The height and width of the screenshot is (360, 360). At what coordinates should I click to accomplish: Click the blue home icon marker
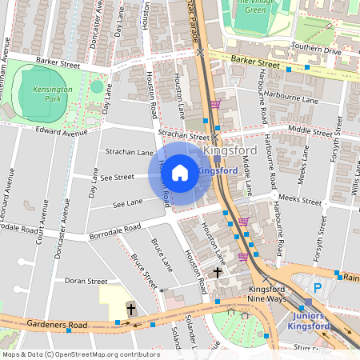tap(180, 172)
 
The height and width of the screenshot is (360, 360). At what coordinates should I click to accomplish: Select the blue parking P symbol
tap(317, 288)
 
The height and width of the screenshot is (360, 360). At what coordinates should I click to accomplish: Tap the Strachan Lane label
tap(130, 152)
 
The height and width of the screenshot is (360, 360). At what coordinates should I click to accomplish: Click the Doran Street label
tap(86, 282)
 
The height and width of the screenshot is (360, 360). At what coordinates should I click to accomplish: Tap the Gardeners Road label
tap(55, 325)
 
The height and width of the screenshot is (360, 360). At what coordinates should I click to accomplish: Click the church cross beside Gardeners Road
tap(132, 309)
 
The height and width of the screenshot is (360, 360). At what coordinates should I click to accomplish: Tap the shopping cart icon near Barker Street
tap(215, 104)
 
